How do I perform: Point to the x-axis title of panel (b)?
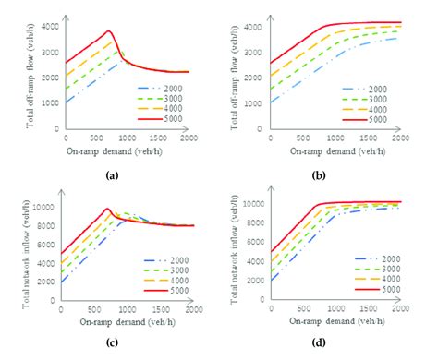tap(325, 149)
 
